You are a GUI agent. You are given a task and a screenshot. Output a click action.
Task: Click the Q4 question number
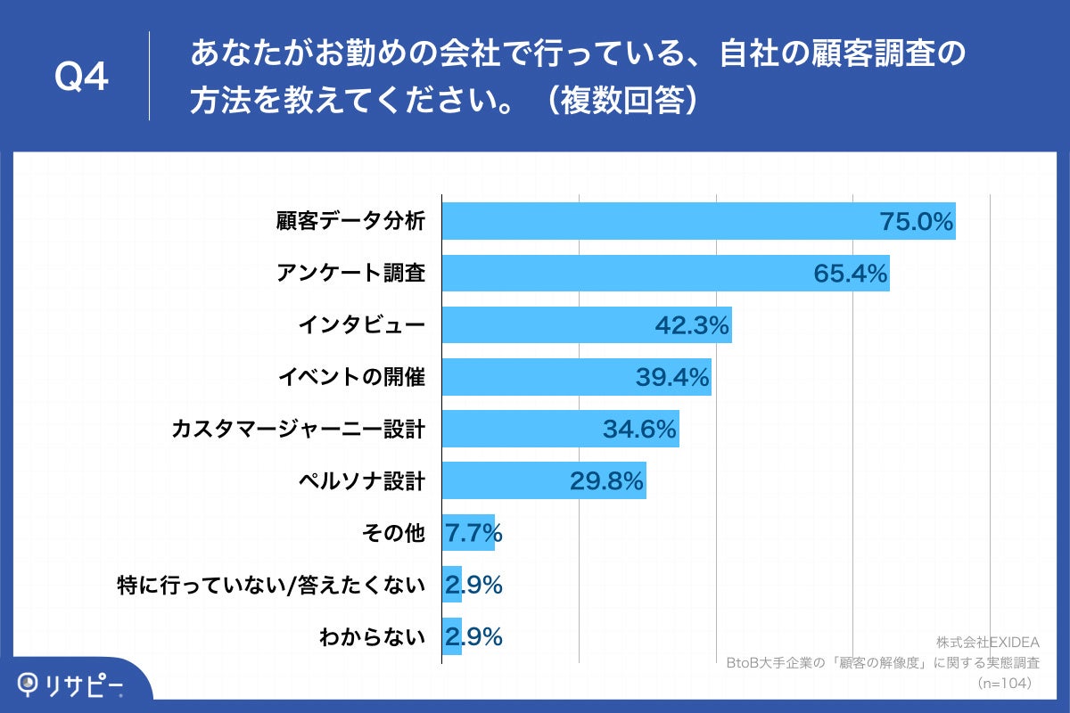tap(81, 78)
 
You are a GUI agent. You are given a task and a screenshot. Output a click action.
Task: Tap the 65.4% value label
tap(851, 274)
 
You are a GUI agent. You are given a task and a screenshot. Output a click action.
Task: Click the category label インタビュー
tap(361, 325)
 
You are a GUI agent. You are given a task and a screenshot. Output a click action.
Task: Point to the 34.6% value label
tap(640, 430)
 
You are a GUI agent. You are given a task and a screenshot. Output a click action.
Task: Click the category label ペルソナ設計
tap(361, 481)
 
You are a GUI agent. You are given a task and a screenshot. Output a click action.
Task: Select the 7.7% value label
tap(473, 533)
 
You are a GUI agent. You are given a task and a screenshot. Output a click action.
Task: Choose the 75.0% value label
tap(917, 222)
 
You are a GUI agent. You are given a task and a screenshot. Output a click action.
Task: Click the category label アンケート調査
tap(351, 274)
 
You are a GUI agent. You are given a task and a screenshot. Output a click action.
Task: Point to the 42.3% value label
tap(693, 325)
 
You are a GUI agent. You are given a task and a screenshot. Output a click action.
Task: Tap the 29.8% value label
tap(607, 481)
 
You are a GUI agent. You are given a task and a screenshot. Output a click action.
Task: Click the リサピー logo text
tap(86, 684)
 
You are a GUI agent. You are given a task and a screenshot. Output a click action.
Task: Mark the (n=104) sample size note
tap(1004, 683)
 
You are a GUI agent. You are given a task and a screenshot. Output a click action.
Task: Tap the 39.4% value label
tap(672, 377)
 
